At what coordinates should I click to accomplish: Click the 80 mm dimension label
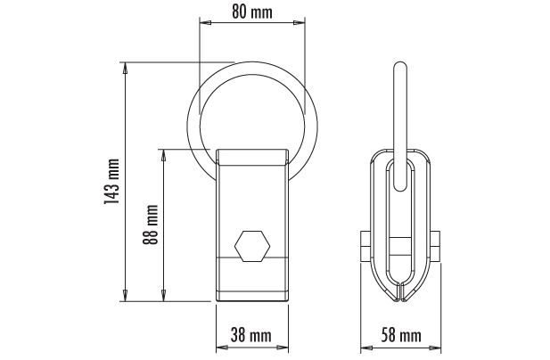pyautogui.click(x=252, y=12)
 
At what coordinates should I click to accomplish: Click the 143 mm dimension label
pyautogui.click(x=112, y=182)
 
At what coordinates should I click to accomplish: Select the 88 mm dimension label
pyautogui.click(x=151, y=225)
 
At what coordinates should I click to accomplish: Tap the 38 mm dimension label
pyautogui.click(x=251, y=335)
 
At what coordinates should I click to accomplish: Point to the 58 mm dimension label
pyautogui.click(x=401, y=335)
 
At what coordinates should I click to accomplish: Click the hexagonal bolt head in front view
pyautogui.click(x=252, y=246)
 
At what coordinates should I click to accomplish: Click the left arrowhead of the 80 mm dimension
pyautogui.click(x=205, y=23)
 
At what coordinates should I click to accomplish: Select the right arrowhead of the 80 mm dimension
pyautogui.click(x=300, y=23)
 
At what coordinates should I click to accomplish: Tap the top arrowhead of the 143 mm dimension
pyautogui.click(x=125, y=69)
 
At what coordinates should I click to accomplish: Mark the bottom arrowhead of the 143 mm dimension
pyautogui.click(x=125, y=295)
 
